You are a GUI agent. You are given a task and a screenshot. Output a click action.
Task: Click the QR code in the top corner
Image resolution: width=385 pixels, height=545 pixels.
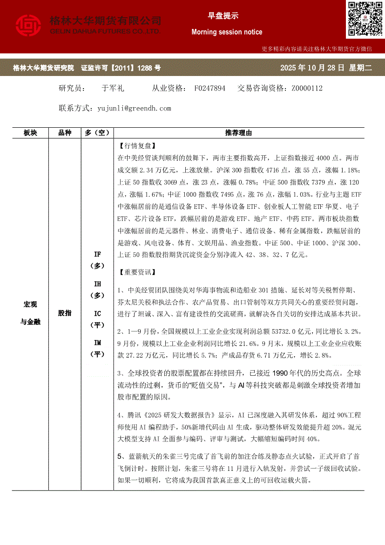coord(364,19)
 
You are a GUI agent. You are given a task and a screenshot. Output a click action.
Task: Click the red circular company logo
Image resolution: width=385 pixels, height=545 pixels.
coord(29,26)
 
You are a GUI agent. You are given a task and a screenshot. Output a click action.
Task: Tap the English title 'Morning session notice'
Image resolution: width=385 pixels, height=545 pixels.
coord(227,32)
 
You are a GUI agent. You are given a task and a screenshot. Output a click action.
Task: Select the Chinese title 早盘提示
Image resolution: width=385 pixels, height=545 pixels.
coord(223,16)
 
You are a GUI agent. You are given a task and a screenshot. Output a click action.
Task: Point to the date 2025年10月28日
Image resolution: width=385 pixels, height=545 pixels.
coord(312,68)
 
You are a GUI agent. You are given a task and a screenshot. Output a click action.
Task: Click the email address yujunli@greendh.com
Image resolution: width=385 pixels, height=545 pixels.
coord(135,108)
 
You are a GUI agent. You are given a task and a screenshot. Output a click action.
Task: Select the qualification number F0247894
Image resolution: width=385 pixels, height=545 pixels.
coord(210,88)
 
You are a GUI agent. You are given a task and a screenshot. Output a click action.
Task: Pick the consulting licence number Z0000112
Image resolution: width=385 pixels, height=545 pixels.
coord(307,88)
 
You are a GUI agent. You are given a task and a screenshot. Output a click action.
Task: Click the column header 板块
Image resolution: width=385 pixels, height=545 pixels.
coord(30,133)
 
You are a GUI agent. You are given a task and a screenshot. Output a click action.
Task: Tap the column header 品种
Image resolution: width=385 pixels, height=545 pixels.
coord(65,133)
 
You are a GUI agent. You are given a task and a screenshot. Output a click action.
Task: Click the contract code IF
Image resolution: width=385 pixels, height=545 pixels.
coord(97,255)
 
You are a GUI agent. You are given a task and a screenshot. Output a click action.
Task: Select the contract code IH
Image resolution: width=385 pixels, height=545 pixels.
coord(97,284)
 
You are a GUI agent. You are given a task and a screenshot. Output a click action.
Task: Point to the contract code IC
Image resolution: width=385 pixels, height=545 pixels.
coord(97,313)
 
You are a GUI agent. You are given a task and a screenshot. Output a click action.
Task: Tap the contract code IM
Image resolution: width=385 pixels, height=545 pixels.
coord(97,343)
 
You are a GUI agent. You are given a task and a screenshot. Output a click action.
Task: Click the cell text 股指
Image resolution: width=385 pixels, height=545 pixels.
coord(65,313)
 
